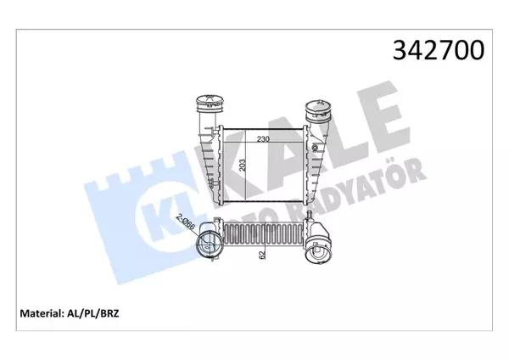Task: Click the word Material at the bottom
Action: click(41, 314)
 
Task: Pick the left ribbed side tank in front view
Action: click(207, 161)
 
